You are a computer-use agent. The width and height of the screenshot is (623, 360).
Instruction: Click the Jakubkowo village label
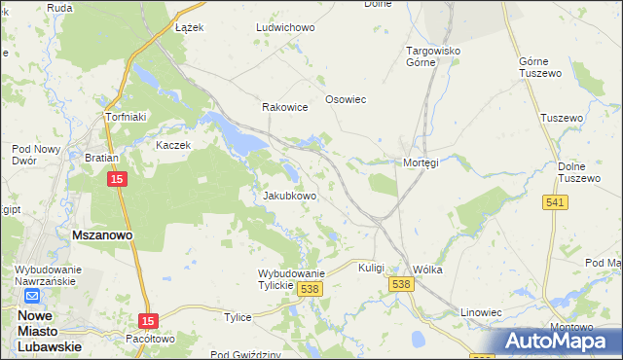pos(290,196)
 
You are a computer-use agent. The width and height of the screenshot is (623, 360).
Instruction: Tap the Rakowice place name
pos(284,108)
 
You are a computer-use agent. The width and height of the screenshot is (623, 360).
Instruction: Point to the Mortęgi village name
pos(421,162)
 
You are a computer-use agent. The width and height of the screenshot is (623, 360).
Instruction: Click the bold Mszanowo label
pos(102,235)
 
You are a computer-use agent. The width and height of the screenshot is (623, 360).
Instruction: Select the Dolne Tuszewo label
pos(578,172)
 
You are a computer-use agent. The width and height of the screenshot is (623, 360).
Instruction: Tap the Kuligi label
pos(372,268)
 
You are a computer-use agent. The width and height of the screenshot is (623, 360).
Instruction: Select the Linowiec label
pos(481,312)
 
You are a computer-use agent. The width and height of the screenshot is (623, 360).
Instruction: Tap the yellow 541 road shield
pos(556,201)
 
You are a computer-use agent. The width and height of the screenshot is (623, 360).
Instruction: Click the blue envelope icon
pos(31,297)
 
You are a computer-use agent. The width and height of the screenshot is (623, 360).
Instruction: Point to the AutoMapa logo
pos(560,341)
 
